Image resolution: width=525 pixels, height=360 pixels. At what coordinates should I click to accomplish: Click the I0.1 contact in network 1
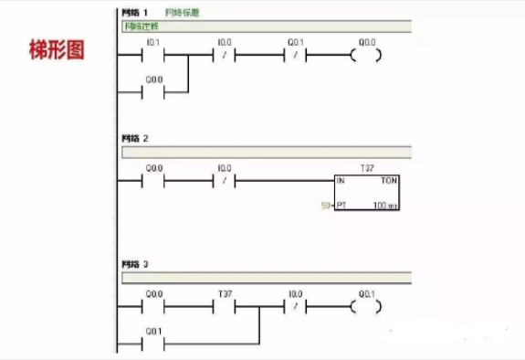[152, 56]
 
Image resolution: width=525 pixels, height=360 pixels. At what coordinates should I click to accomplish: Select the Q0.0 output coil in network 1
[366, 56]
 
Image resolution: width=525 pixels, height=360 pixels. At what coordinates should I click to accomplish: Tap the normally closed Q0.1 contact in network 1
[295, 56]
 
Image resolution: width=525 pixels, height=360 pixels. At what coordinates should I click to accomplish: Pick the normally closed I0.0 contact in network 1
[224, 56]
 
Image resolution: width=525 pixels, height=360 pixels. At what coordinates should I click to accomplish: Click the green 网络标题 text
[184, 13]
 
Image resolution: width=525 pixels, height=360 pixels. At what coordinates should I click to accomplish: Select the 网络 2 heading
[134, 138]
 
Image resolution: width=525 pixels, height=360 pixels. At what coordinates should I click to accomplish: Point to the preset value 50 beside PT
[324, 206]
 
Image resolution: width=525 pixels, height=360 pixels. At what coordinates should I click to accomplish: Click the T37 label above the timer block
[368, 168]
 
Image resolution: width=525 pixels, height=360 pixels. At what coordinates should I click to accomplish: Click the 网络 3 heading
[134, 265]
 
